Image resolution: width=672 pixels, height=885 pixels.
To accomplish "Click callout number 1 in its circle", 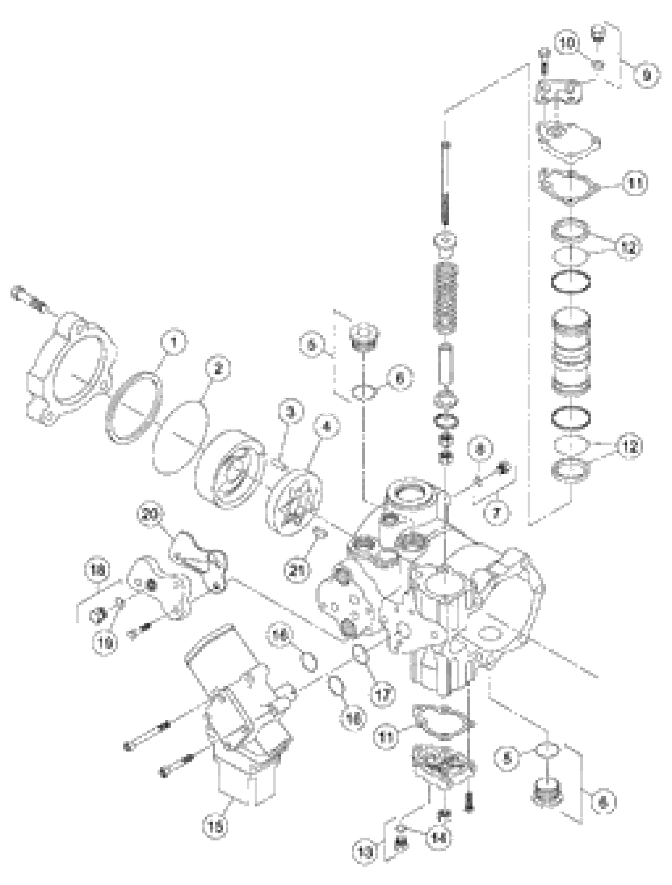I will click(173, 343).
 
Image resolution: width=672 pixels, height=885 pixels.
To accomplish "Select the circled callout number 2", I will click(218, 369).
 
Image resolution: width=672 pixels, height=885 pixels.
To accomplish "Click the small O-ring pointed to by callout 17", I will click(360, 655).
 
